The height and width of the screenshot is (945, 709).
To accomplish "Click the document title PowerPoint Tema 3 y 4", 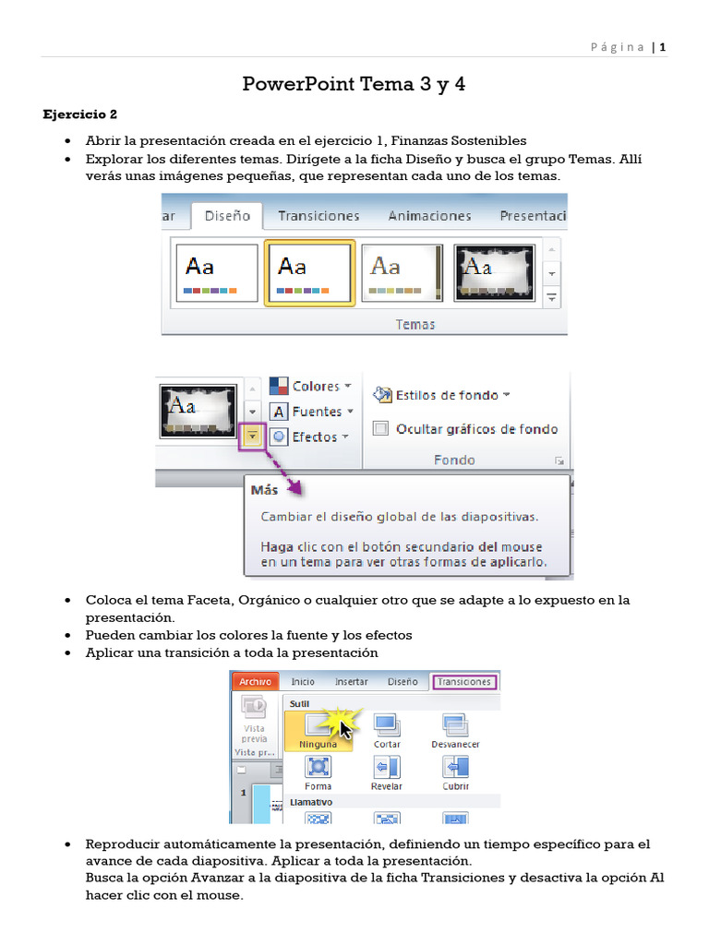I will [354, 85].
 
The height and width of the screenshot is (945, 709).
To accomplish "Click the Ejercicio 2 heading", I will [80, 115].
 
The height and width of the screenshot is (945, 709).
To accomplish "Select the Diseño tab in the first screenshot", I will [228, 216].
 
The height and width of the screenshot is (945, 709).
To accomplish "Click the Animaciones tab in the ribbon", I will [429, 216].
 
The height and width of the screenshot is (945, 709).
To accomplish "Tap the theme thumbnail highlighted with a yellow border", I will [309, 272].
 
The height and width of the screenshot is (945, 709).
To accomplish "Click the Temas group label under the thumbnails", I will [415, 324].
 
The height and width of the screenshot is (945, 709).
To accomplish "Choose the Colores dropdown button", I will [308, 387].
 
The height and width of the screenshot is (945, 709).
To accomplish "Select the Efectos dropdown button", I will [308, 437].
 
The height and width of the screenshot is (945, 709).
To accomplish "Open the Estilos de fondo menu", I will [441, 395].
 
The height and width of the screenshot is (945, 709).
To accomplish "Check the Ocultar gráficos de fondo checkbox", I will [379, 428].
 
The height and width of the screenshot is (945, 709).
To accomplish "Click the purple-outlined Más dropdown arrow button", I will [252, 437].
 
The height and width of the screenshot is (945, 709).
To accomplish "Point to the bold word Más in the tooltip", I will [264, 490].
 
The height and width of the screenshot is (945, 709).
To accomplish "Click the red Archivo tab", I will [255, 682].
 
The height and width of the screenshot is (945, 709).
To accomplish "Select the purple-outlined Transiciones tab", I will [464, 682].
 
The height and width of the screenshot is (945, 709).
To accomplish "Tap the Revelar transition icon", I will [387, 768].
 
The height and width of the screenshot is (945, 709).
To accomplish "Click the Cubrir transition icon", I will [455, 768].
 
